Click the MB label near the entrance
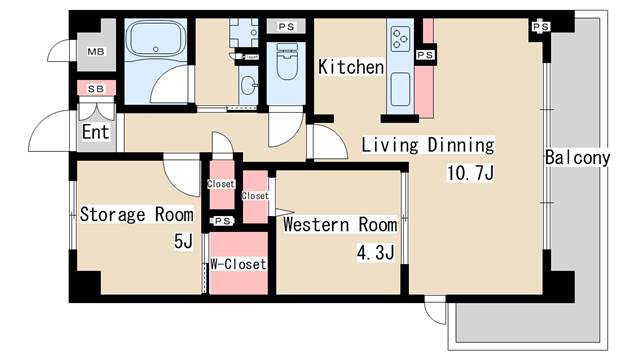click(96, 52)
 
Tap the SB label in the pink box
click(96, 89)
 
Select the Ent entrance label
click(95, 132)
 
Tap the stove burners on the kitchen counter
click(401, 41)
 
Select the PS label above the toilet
click(286, 26)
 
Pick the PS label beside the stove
click(425, 54)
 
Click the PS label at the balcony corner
click(541, 26)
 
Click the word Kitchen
click(351, 67)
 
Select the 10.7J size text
click(471, 173)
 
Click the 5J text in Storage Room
click(181, 241)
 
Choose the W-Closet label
click(238, 265)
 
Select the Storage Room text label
click(136, 214)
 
